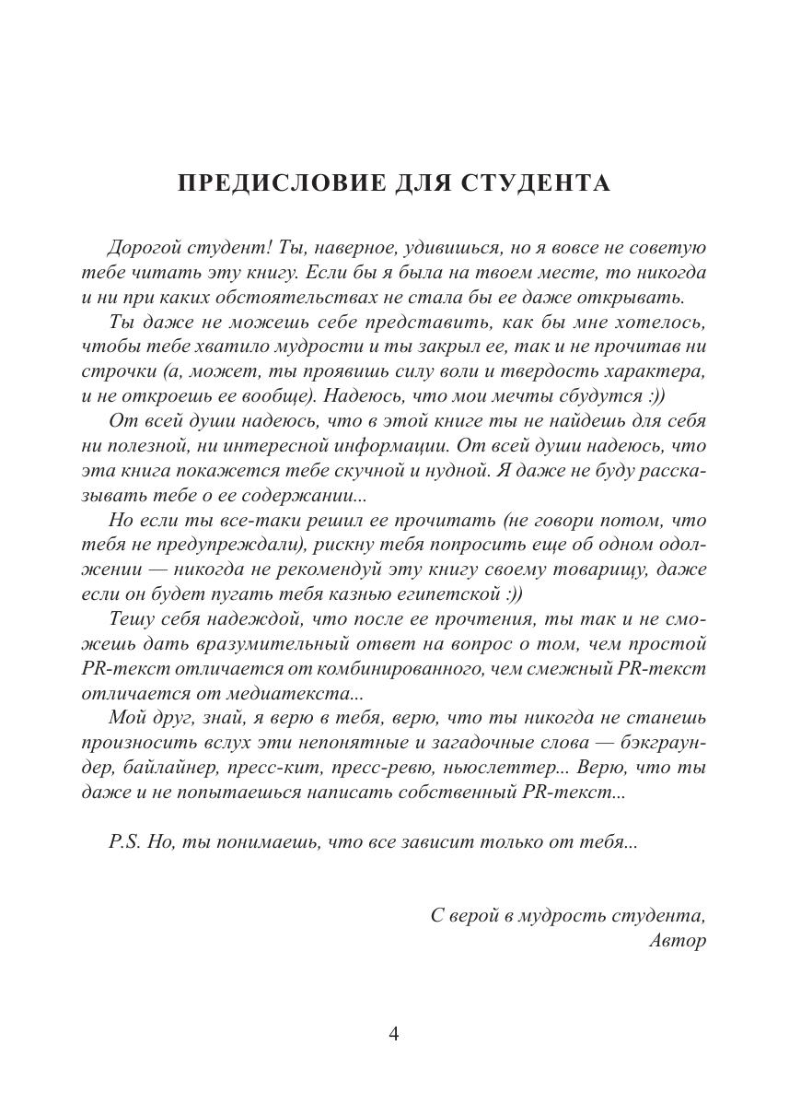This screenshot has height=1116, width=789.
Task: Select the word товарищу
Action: coord(595,570)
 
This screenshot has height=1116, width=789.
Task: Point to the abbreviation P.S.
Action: coord(124,842)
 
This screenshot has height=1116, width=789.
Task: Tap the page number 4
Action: coord(394,1034)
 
